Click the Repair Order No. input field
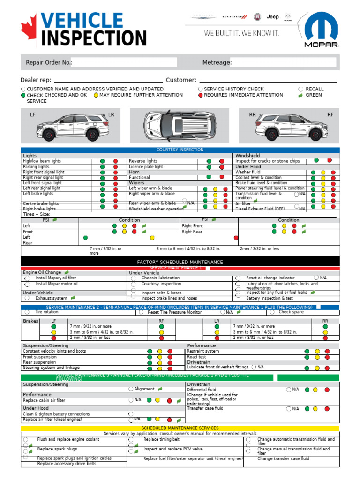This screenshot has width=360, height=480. point(124,62)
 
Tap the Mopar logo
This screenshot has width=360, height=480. point(322,32)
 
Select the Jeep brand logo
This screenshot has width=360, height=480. point(272,17)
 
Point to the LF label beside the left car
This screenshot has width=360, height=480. point(33,115)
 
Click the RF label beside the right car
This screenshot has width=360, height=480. point(330,115)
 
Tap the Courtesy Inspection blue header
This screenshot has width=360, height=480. point(180,150)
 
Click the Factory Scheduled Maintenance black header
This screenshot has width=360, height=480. point(180,262)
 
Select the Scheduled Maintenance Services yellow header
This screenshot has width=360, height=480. point(180,428)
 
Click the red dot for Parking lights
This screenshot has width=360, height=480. point(115,167)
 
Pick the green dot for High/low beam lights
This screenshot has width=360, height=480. point(102,161)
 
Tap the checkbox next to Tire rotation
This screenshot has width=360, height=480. point(27,312)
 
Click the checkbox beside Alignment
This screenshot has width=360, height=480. point(131,389)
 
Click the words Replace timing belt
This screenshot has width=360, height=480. point(161,440)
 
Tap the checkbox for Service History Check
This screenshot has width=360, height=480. point(201,89)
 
